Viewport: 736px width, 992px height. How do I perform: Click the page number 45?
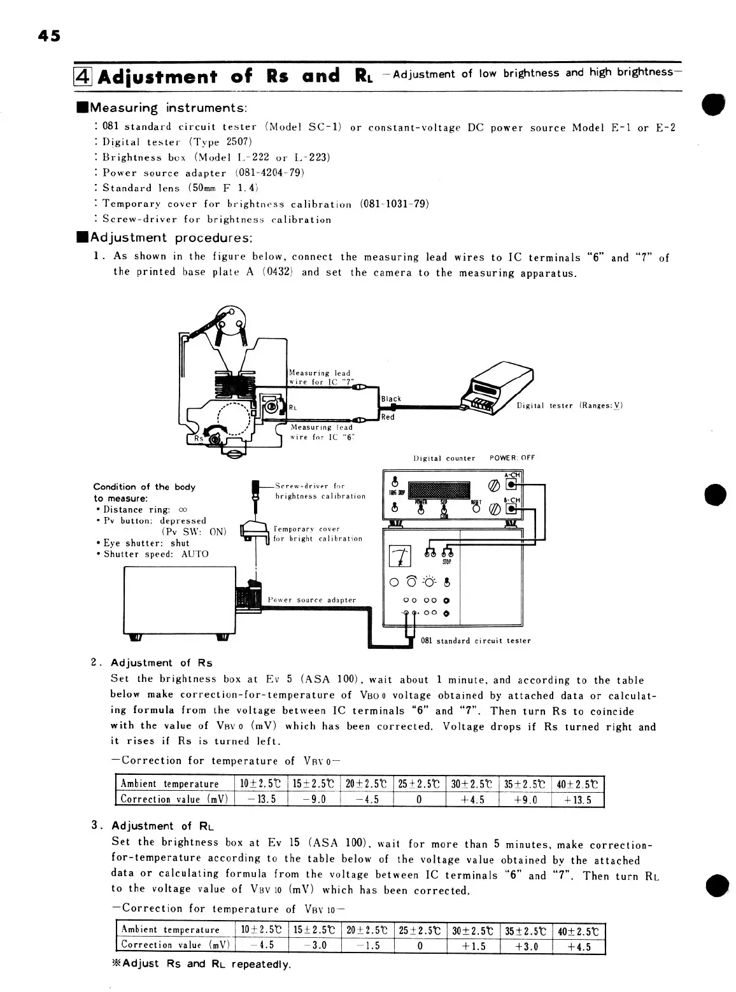click(x=48, y=36)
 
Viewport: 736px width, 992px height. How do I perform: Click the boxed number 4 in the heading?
click(x=85, y=77)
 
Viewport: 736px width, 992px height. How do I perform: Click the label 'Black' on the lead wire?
click(x=392, y=399)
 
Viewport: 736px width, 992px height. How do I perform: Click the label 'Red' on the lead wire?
click(x=388, y=417)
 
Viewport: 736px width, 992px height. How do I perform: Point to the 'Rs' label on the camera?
click(x=199, y=438)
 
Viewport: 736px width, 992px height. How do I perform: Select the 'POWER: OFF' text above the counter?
click(x=512, y=458)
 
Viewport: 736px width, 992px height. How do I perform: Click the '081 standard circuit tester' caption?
click(x=476, y=641)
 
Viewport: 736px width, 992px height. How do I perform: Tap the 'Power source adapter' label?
click(x=312, y=600)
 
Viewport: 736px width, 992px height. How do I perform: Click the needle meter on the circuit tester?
click(x=400, y=556)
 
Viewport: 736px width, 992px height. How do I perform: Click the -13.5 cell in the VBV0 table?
click(x=261, y=800)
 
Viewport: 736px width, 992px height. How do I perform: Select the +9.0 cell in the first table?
click(x=525, y=800)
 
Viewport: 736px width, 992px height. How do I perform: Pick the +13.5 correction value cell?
click(x=577, y=800)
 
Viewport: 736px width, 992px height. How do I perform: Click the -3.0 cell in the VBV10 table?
click(x=315, y=946)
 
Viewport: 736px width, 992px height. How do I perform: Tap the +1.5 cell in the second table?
click(x=472, y=946)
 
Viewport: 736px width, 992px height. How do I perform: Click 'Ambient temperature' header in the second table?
click(x=170, y=930)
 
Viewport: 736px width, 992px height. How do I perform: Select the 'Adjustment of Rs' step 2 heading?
click(x=162, y=663)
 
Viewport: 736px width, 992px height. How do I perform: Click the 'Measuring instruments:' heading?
click(x=169, y=108)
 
